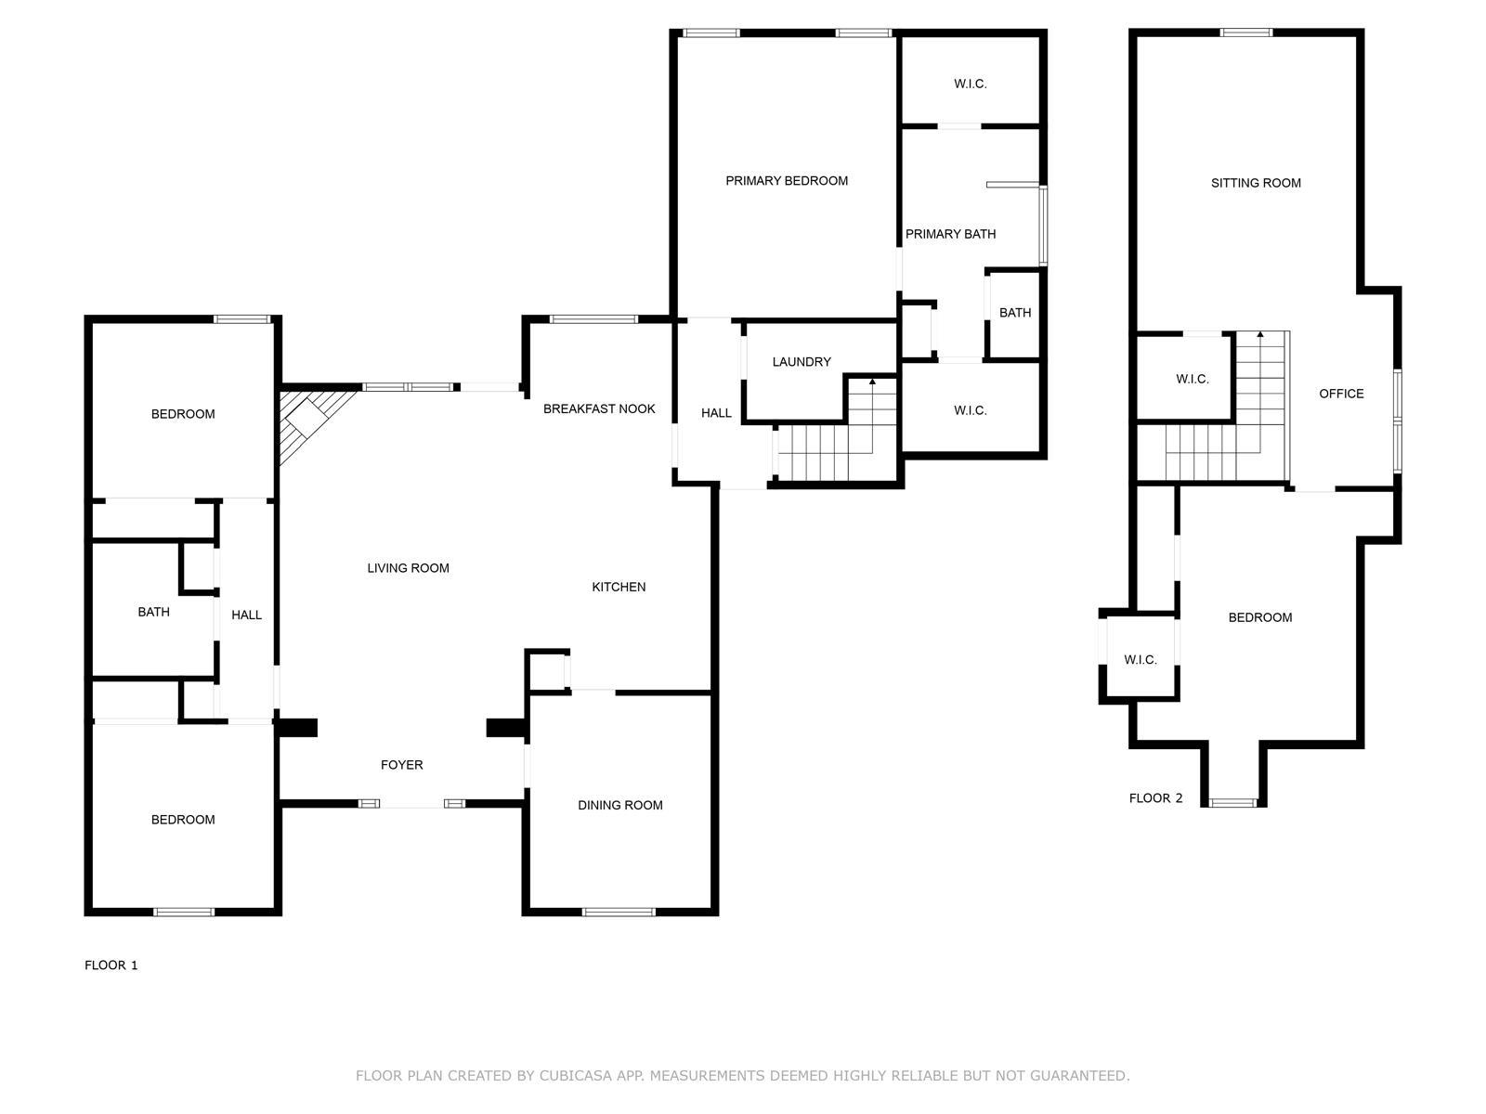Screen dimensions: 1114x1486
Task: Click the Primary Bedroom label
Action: [787, 181]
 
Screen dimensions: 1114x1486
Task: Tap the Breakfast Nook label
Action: [599, 408]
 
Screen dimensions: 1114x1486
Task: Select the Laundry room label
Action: [802, 362]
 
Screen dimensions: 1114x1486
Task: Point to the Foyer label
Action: [401, 765]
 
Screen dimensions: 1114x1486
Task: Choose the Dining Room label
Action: [619, 805]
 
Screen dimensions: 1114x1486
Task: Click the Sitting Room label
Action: [1256, 183]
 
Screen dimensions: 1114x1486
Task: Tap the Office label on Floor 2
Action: [1341, 394]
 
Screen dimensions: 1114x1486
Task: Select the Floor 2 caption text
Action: [1155, 798]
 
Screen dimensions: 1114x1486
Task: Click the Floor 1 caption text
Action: [111, 965]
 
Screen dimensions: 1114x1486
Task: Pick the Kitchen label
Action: [619, 587]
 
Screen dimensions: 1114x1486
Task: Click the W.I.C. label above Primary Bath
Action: [970, 84]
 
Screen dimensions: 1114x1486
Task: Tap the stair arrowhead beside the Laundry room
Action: [872, 382]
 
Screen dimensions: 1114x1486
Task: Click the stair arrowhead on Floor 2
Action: [1260, 334]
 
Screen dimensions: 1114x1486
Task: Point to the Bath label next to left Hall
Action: [153, 612]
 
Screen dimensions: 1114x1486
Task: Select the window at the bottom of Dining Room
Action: [619, 912]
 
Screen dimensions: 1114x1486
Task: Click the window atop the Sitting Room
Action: [1245, 33]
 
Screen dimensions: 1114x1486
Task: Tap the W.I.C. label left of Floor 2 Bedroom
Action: [1140, 660]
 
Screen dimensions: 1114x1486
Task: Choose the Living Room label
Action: [408, 568]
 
